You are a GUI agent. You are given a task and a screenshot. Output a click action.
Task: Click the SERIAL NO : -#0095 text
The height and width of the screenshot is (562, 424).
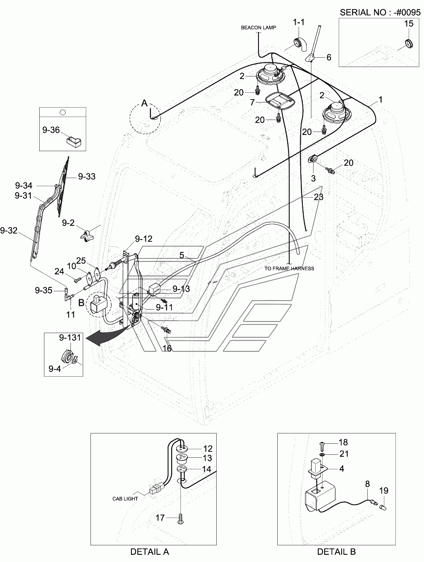[380, 12]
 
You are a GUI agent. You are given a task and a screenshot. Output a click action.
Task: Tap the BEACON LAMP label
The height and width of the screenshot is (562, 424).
[258, 28]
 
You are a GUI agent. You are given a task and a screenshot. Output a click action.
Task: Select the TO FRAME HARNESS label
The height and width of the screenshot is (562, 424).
[289, 268]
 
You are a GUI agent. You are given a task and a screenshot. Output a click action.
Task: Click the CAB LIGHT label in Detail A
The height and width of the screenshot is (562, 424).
[125, 498]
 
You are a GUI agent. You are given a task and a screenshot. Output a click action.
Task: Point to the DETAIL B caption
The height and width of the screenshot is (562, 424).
[336, 551]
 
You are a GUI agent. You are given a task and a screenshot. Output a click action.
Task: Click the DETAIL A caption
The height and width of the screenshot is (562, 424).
[150, 551]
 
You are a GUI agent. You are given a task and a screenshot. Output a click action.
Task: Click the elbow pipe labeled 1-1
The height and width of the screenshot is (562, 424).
[301, 44]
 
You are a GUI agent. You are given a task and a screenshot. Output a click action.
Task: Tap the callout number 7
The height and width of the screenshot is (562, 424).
[253, 102]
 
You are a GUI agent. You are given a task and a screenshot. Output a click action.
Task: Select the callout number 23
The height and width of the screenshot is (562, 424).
[319, 197]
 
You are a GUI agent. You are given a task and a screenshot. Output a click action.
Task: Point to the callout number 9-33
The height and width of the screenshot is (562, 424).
[87, 176]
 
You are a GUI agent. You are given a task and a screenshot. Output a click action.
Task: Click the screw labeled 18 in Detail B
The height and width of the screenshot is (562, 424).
[322, 446]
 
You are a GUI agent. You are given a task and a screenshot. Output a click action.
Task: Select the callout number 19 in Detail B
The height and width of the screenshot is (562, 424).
[383, 490]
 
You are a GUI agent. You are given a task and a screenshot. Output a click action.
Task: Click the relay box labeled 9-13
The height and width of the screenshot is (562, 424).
[154, 290]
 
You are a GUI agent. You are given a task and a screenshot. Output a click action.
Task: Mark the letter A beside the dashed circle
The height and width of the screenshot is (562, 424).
[145, 103]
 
